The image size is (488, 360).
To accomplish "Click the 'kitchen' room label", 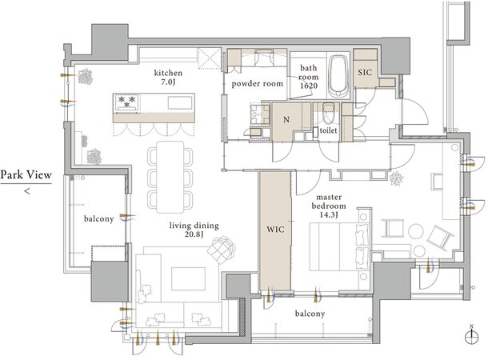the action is click(168, 73).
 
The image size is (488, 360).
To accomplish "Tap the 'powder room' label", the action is click(258, 84).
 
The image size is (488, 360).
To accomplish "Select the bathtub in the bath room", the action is click(338, 77).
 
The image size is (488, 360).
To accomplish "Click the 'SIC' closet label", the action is click(365, 73).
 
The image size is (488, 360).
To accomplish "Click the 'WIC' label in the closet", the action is click(275, 230).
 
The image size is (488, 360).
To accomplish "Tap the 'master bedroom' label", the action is click(329, 202).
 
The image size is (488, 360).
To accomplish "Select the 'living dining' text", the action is click(194, 226).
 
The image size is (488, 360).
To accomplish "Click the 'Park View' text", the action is click(26, 175).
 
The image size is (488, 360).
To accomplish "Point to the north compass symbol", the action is click(471, 336).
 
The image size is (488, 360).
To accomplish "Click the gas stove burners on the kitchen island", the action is click(127, 102).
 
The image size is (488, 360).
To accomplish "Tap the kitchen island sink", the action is click(180, 102).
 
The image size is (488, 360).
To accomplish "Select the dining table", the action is click(170, 177).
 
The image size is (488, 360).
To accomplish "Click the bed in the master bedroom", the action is click(339, 246).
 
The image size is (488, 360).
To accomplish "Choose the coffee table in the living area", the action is click(188, 278).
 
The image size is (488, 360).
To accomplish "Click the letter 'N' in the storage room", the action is click(286, 119).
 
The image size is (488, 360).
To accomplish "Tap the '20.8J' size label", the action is click(194, 234).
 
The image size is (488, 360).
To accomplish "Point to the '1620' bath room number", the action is click(309, 86).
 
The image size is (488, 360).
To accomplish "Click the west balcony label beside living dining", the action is click(99, 219).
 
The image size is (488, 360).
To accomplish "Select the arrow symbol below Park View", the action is click(27, 190).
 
